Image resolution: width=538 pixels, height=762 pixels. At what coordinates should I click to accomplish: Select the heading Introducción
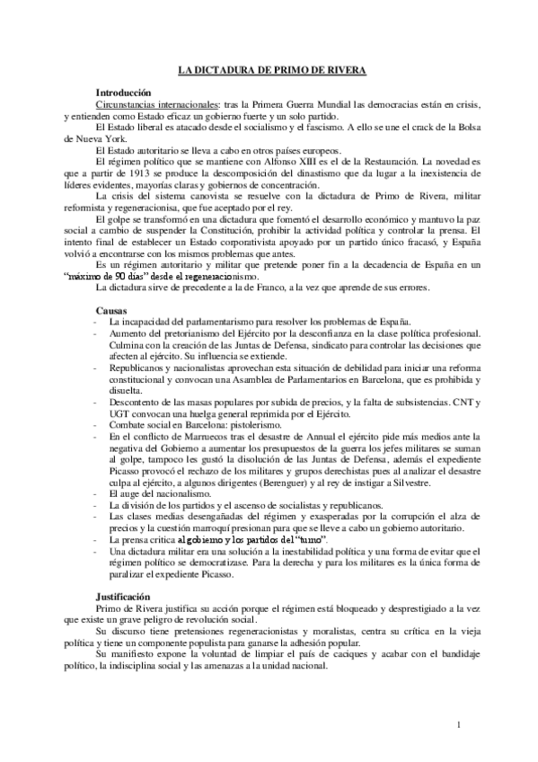124,93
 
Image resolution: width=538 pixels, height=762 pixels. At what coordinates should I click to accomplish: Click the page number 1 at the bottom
458,725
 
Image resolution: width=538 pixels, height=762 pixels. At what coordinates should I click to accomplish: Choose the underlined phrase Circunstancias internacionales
145,104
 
